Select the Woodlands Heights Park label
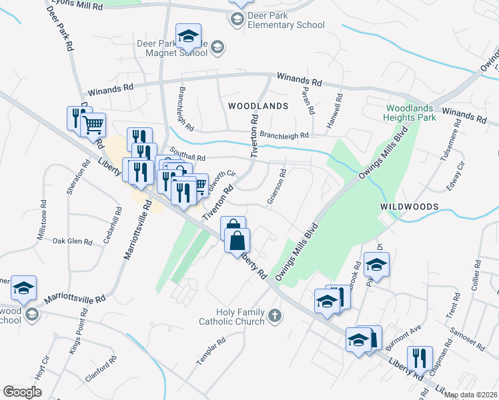[x=410, y=113]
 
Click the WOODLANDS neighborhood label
[x=258, y=106]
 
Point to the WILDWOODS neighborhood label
[x=410, y=207]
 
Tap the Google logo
[x=22, y=392]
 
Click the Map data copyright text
[x=471, y=395]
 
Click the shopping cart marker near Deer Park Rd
[x=94, y=123]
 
